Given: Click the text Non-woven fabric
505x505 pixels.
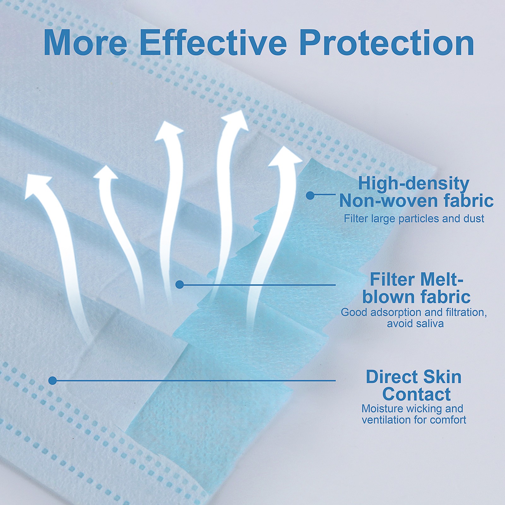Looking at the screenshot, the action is [x=416, y=201].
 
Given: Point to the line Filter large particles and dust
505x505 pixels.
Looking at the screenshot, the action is [x=414, y=218].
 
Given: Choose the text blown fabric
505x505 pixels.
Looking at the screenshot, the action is [x=416, y=297].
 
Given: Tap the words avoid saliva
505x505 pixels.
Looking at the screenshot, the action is [x=415, y=324].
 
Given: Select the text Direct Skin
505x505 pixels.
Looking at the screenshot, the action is [x=413, y=377].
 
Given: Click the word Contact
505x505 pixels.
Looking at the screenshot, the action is [x=416, y=394].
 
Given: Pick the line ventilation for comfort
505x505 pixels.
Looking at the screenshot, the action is [x=414, y=420].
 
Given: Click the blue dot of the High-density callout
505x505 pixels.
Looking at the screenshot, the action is [x=310, y=195].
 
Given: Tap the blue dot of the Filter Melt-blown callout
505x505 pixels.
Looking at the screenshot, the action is [x=179, y=285].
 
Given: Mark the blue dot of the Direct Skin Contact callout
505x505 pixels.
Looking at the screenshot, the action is [x=53, y=381].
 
